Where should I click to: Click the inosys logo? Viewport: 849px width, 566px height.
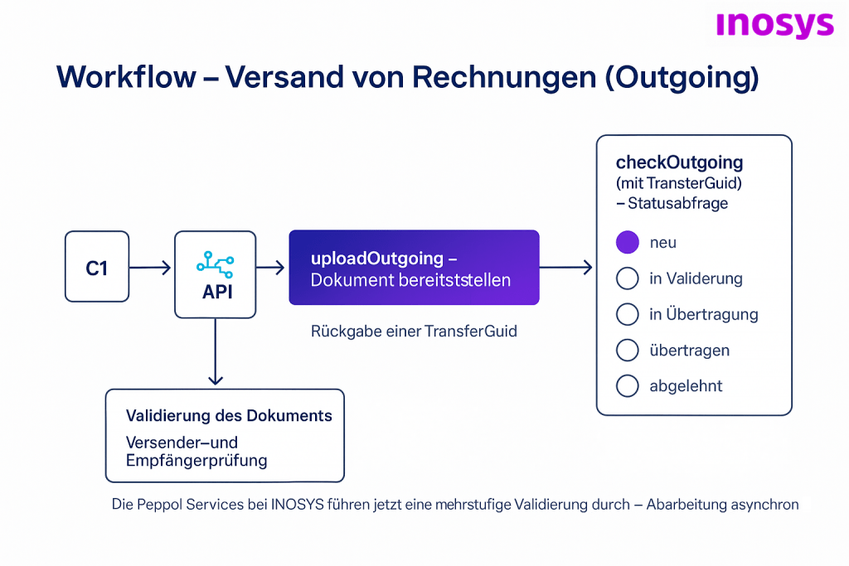[x=774, y=24]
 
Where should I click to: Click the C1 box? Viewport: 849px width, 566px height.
[x=97, y=267]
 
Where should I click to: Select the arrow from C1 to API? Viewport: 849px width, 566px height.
[x=150, y=268]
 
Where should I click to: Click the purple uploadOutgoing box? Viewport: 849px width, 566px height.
[x=414, y=268]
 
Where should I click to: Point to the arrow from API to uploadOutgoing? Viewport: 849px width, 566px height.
[x=271, y=268]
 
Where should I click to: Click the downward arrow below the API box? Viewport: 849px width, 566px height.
[x=216, y=352]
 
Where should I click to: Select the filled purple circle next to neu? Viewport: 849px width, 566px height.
[x=628, y=242]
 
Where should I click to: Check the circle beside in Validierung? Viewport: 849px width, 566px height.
[x=628, y=278]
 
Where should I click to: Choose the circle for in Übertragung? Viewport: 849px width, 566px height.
[x=628, y=314]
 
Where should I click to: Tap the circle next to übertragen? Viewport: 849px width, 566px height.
[x=628, y=350]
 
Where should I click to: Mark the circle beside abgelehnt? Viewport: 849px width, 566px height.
[x=628, y=385]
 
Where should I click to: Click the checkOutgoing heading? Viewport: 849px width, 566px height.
[x=679, y=162]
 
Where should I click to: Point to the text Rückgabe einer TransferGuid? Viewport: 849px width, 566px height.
[x=414, y=331]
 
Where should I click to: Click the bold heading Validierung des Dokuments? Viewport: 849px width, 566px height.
[x=229, y=415]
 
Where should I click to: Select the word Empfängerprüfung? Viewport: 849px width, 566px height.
[x=196, y=460]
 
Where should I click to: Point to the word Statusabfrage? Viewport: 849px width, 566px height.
[x=677, y=202]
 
